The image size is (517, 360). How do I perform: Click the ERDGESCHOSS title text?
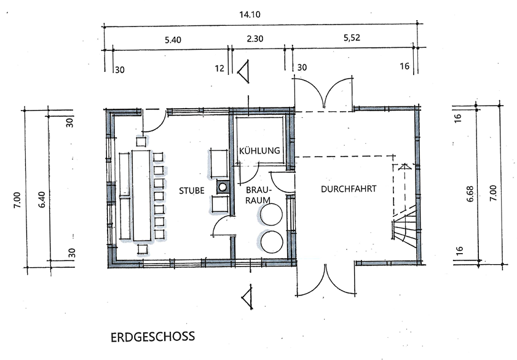point(152,337)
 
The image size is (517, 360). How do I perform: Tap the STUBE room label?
point(192,190)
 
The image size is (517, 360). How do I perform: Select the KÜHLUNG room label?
point(260,151)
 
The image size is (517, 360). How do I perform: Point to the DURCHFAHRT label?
point(348,189)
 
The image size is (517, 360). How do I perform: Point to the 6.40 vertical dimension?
point(42,197)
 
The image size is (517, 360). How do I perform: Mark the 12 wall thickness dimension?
point(219,69)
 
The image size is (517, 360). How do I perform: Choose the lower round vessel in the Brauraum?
point(270,241)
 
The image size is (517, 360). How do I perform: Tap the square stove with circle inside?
point(221,187)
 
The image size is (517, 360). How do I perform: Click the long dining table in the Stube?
point(141,194)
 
